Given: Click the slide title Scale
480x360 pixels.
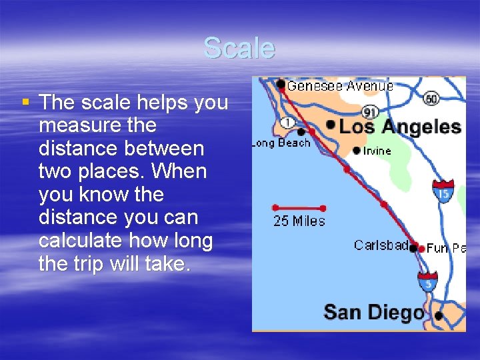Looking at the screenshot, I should click(239, 48).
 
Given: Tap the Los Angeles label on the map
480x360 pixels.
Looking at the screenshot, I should click(401, 127).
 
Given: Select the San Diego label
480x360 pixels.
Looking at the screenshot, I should click(373, 312).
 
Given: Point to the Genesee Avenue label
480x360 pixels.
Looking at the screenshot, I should click(340, 85).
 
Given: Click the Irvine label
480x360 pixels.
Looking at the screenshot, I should click(377, 151).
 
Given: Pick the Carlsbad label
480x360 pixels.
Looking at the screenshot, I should click(381, 245).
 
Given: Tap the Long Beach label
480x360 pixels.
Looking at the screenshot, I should click(281, 143).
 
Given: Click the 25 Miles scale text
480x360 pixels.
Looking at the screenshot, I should click(299, 221).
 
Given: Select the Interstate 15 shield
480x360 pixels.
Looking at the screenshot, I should click(443, 191).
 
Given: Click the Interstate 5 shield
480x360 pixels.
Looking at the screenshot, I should click(427, 282).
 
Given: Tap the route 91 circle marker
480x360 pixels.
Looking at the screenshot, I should click(370, 113).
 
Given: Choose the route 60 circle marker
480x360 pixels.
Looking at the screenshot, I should click(431, 99).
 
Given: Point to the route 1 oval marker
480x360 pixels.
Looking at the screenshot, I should click(287, 123).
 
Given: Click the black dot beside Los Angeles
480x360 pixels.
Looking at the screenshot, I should click(331, 125).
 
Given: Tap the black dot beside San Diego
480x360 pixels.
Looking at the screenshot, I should click(438, 315).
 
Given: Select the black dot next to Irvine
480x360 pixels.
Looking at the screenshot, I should click(357, 150).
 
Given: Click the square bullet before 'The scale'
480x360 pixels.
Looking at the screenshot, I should click(25, 103).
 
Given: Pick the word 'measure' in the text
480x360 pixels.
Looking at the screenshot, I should click(79, 125).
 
